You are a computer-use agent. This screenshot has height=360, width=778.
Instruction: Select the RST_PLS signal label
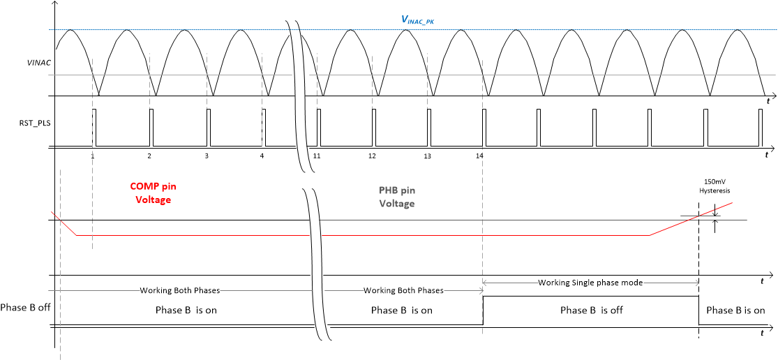click(x=33, y=124)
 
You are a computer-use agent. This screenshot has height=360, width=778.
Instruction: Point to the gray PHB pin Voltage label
click(x=397, y=196)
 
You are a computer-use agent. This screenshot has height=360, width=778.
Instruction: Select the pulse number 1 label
click(x=93, y=156)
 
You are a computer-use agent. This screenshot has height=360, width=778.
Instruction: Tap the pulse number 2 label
click(x=149, y=156)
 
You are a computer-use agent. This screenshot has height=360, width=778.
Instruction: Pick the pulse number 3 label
click(x=207, y=156)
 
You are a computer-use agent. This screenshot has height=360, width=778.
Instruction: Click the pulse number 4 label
click(x=262, y=156)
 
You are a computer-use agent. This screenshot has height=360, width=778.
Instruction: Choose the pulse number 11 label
click(x=317, y=156)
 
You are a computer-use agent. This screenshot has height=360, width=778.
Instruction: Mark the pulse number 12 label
click(x=372, y=156)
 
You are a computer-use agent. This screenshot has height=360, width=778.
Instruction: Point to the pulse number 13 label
click(x=427, y=156)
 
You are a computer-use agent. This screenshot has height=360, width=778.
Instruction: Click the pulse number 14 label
click(x=479, y=156)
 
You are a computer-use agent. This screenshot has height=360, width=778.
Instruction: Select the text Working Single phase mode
click(x=590, y=283)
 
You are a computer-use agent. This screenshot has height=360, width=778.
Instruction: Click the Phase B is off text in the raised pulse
click(x=592, y=310)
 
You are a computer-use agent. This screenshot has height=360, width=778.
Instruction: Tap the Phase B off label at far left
click(x=25, y=307)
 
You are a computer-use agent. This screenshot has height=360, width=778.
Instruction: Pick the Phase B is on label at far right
click(x=735, y=310)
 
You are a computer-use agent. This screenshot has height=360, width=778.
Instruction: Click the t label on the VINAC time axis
click(x=768, y=102)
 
